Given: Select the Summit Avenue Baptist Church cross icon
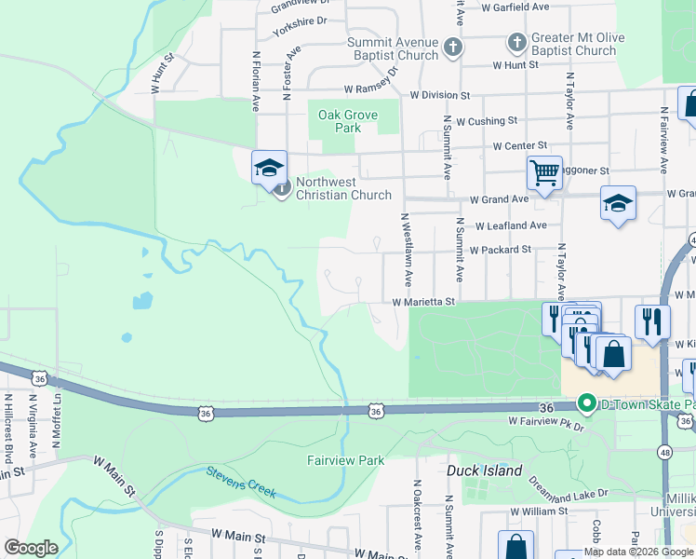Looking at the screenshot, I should [452, 48].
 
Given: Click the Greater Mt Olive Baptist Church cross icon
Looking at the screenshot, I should [516, 43].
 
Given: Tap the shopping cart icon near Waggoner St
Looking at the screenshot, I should [544, 171].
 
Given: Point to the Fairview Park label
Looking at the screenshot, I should [346, 460].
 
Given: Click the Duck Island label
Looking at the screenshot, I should [484, 470].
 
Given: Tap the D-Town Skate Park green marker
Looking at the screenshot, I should [586, 403].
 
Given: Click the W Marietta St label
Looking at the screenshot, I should [422, 302].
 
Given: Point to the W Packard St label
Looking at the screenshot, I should [500, 250].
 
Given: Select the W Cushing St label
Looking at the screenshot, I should [480, 121].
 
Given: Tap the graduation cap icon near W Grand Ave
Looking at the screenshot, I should [618, 203].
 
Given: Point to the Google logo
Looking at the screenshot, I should [31, 548].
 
